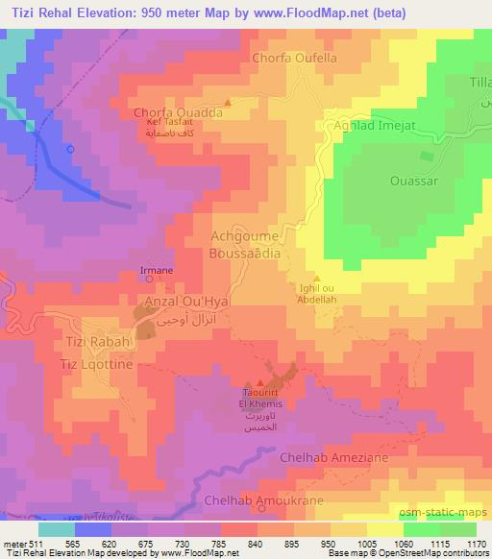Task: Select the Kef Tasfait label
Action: (x=170, y=123)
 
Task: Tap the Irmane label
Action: (x=157, y=271)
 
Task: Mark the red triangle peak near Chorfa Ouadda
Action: (x=228, y=103)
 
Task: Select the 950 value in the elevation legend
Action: (x=329, y=543)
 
